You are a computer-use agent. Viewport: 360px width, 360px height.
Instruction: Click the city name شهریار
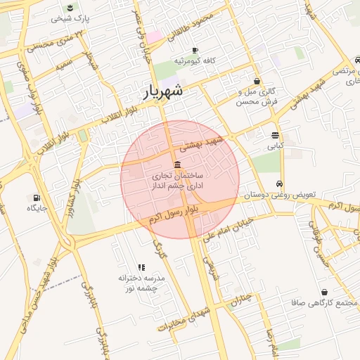coord(165,91)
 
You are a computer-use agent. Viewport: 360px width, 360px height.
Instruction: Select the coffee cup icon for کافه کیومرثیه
coord(194,51)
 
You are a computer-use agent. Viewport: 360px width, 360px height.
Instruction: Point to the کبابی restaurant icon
coord(274,136)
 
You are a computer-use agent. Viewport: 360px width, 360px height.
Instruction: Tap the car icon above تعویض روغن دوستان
coord(281,182)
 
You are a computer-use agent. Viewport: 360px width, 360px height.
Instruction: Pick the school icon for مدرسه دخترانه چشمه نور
coord(141,267)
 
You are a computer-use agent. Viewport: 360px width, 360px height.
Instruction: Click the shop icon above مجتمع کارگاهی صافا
coord(324,292)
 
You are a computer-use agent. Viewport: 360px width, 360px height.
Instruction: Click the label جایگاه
coord(37,208)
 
